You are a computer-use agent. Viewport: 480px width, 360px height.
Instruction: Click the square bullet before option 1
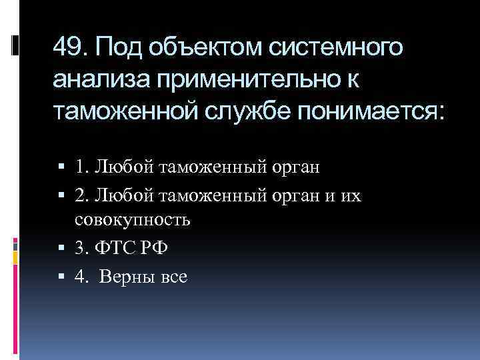pos(61,167)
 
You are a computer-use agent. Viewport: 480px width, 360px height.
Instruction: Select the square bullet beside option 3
pos(61,249)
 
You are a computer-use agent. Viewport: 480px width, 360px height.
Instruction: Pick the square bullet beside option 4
pos(61,276)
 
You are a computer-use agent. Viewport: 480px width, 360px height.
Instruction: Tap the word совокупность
pos(133,219)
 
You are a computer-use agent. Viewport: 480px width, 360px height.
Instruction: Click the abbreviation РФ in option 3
pos(153,249)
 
